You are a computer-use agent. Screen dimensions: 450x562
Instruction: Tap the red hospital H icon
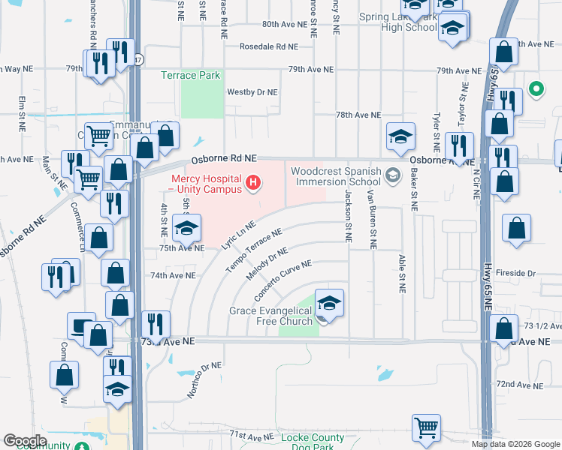coord(254,181)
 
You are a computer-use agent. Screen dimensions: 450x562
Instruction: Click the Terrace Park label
coord(190,76)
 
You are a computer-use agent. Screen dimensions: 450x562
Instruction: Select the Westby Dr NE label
coord(252,92)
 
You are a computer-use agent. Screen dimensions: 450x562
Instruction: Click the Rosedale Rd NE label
coord(269,46)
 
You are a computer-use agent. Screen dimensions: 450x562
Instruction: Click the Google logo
coord(25,441)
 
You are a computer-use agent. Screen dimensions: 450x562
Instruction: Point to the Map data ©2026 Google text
coord(516,444)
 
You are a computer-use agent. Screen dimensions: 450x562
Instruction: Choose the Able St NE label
coord(401,273)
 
